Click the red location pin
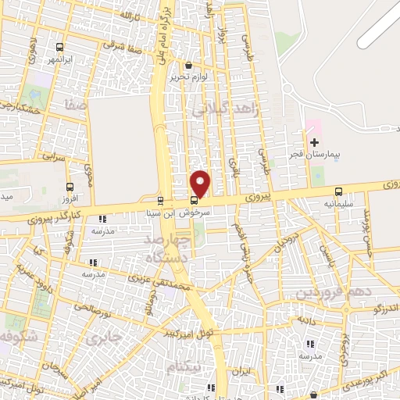[201, 184]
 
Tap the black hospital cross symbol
[314, 142]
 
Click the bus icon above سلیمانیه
[338, 191]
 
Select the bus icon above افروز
[70, 187]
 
